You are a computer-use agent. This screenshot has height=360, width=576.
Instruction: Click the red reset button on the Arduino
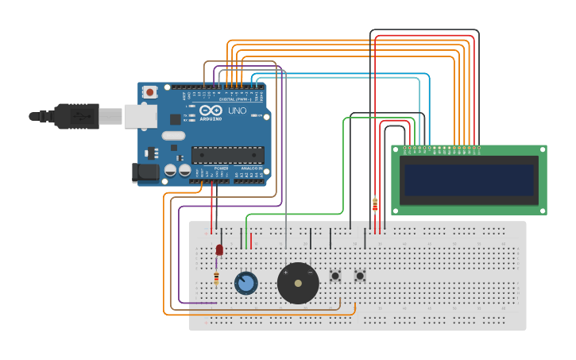click(x=149, y=92)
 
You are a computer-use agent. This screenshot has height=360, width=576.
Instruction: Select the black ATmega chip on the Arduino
click(x=227, y=154)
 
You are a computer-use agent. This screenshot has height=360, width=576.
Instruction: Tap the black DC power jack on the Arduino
click(x=145, y=172)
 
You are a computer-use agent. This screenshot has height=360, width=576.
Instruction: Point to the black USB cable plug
click(x=76, y=116)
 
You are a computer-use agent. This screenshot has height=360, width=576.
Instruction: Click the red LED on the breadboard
click(x=219, y=250)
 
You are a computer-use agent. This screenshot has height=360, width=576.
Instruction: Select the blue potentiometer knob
click(x=246, y=283)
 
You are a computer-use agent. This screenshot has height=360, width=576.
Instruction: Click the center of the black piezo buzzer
click(x=298, y=283)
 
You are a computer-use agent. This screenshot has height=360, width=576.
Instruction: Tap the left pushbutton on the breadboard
click(x=335, y=276)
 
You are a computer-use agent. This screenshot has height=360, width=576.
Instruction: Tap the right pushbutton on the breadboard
click(x=360, y=276)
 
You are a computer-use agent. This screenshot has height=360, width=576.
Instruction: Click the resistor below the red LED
click(x=216, y=278)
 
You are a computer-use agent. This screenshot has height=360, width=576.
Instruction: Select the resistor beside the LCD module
click(x=375, y=205)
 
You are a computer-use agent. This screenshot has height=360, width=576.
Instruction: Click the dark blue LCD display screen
click(x=469, y=180)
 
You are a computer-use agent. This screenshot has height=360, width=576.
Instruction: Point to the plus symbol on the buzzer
click(x=286, y=273)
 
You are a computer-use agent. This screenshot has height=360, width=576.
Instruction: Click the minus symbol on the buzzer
click(x=310, y=273)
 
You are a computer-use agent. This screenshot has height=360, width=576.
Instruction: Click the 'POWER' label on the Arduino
click(x=221, y=168)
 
